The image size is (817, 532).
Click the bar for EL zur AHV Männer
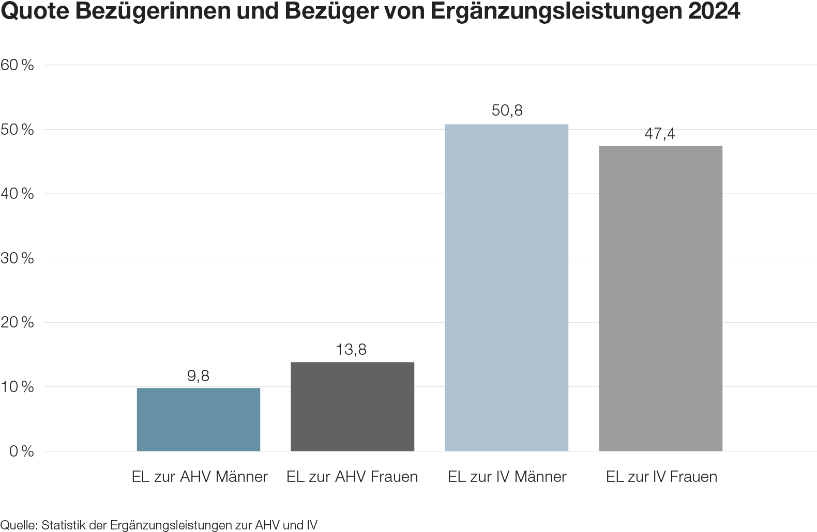pyautogui.click(x=198, y=419)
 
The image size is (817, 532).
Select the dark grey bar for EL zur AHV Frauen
pyautogui.click(x=352, y=406)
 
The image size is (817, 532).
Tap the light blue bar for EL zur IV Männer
pyautogui.click(x=506, y=287)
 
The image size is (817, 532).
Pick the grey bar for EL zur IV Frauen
pyautogui.click(x=660, y=298)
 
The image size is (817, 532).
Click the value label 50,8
pyautogui.click(x=507, y=111)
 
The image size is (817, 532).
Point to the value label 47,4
pyautogui.click(x=660, y=134)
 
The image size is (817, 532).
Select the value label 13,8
pyautogui.click(x=351, y=350)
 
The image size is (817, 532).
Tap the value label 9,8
pyautogui.click(x=198, y=375)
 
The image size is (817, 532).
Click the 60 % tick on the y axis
pyautogui.click(x=18, y=65)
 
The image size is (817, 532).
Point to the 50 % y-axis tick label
pyautogui.click(x=18, y=130)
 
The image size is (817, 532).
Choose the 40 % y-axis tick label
pyautogui.click(x=18, y=194)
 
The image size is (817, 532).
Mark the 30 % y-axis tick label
pyautogui.click(x=18, y=258)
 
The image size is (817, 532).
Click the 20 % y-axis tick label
pyautogui.click(x=18, y=323)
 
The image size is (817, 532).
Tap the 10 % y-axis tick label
pyautogui.click(x=18, y=387)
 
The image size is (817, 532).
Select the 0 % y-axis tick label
pyautogui.click(x=21, y=451)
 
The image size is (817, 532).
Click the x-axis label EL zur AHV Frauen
pyautogui.click(x=352, y=476)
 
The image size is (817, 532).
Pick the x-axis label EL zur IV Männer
pyautogui.click(x=507, y=476)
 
